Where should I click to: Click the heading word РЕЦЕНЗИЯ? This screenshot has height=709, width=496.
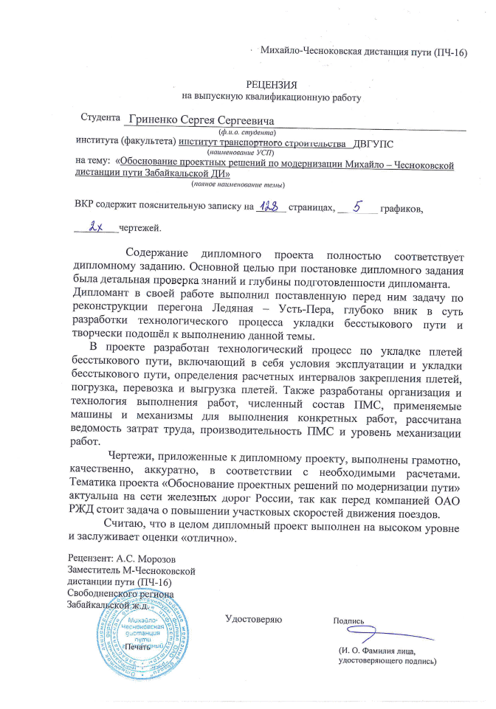[272, 85]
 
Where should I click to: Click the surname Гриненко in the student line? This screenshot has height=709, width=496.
[152, 120]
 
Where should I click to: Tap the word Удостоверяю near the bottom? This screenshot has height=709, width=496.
[254, 620]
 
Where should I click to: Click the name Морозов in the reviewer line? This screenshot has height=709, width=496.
[154, 558]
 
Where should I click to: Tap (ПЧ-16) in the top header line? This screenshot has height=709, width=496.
[450, 52]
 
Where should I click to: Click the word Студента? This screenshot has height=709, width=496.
[100, 118]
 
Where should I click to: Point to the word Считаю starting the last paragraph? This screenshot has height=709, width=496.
[124, 522]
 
